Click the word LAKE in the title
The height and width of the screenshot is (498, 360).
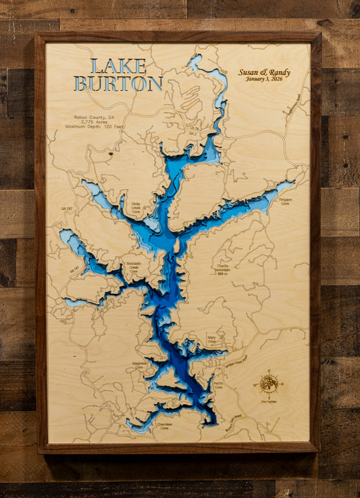118,66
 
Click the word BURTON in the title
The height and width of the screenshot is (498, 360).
118,84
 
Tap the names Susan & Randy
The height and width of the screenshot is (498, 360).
264,72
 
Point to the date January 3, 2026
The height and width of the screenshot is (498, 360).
264,80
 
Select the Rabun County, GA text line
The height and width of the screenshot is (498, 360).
89,116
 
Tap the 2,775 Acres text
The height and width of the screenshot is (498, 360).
90,121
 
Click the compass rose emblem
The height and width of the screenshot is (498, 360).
268,384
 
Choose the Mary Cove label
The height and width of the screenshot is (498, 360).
212,340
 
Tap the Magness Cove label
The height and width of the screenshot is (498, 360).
139,365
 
